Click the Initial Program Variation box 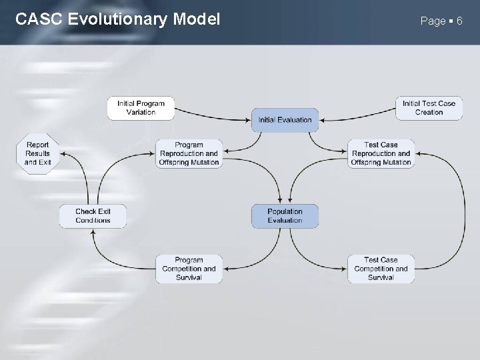(x=141, y=108)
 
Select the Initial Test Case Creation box (x=429, y=108)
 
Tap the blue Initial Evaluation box (x=285, y=120)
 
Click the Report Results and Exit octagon (x=38, y=153)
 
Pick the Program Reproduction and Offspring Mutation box (x=189, y=153)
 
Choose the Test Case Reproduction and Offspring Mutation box (x=381, y=153)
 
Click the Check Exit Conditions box (x=93, y=216)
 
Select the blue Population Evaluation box (x=285, y=216)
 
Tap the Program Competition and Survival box (x=189, y=269)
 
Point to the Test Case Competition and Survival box (x=381, y=269)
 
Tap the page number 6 (x=459, y=21)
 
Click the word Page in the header (x=433, y=21)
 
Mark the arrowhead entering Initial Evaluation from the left (x=248, y=120)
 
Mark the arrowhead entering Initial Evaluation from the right (x=322, y=120)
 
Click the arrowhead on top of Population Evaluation (x=285, y=201)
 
